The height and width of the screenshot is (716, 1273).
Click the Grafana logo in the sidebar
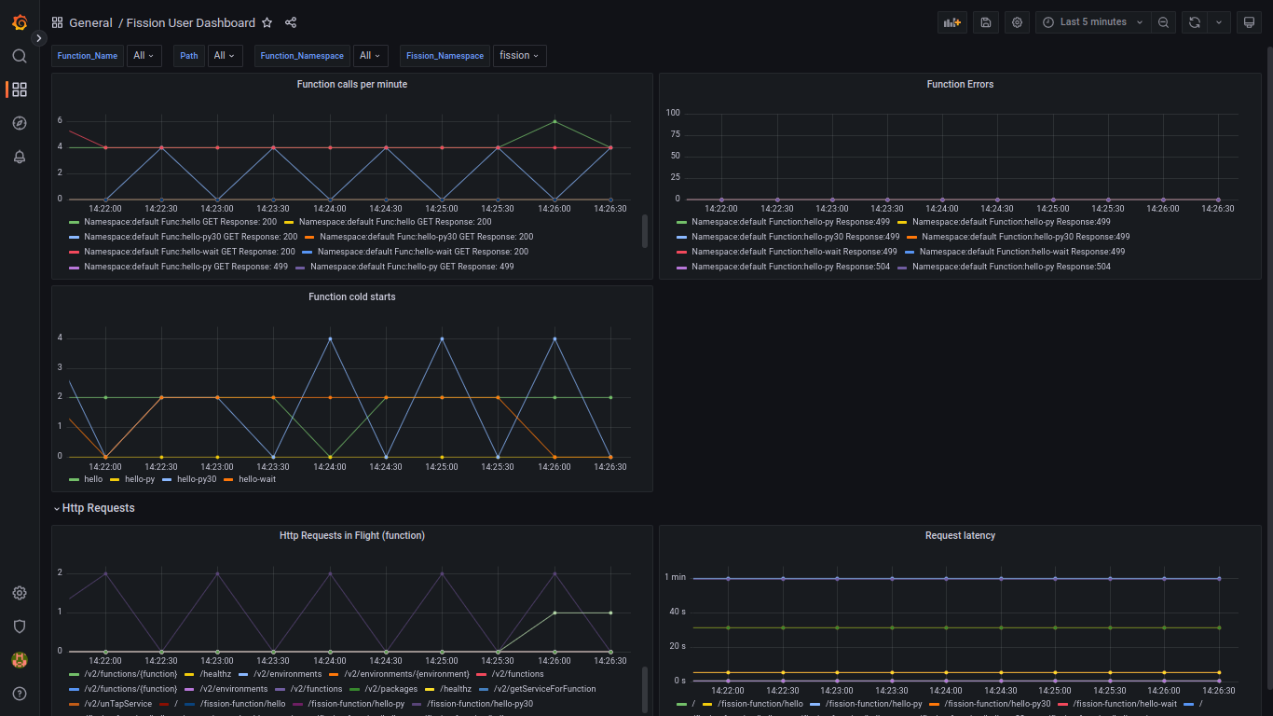(20, 22)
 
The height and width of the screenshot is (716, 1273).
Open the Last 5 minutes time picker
(1092, 22)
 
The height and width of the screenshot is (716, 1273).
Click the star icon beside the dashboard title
(267, 22)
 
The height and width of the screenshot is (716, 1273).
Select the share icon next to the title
(291, 22)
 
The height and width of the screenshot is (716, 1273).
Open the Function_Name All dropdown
(144, 56)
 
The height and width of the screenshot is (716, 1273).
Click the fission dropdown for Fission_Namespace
(519, 56)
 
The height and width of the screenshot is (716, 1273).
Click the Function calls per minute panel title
(351, 85)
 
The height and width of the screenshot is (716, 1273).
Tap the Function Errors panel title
(960, 85)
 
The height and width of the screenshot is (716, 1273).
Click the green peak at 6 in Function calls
(554, 121)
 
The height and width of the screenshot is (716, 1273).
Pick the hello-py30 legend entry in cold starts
(196, 479)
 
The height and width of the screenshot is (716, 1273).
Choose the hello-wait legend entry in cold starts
(256, 479)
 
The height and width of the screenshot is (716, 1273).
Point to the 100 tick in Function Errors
(672, 113)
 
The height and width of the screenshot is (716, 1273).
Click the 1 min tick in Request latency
(675, 577)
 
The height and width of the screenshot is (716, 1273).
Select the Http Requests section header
(98, 508)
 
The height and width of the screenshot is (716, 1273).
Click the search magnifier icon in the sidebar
(20, 56)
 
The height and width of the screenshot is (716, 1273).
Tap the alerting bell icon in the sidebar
(20, 157)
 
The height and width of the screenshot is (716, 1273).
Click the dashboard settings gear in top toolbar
(1017, 22)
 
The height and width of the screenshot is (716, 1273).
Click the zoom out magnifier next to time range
(1163, 22)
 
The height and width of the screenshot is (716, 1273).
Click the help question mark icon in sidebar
(20, 694)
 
